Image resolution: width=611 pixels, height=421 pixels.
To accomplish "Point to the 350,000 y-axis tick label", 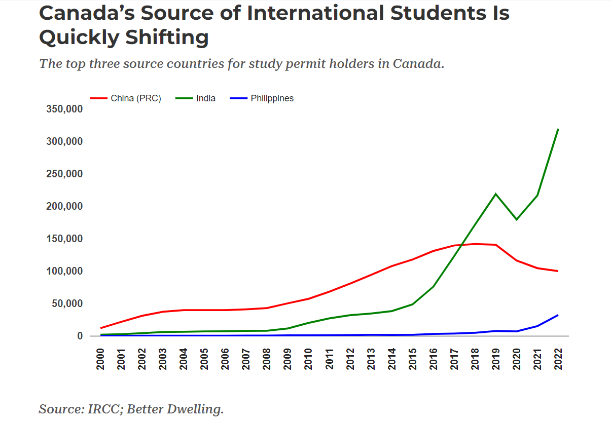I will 64,109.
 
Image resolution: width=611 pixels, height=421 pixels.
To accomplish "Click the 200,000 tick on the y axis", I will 64,206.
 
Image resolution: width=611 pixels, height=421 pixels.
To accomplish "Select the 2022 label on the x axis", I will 558,359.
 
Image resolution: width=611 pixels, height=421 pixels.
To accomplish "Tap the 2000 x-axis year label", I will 100,359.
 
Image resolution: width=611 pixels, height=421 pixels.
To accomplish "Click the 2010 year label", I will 308,359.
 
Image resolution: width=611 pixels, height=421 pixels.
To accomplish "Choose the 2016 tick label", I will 433,359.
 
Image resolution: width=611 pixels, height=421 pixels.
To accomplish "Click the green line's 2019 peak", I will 495,194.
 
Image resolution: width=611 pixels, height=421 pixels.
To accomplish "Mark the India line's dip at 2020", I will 516,219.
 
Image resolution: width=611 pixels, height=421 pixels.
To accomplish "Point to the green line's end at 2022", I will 558,129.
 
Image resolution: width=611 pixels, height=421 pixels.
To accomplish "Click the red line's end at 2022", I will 558,271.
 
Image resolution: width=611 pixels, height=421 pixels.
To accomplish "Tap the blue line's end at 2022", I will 558,315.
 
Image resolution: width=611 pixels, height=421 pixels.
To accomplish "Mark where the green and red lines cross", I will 461,245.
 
